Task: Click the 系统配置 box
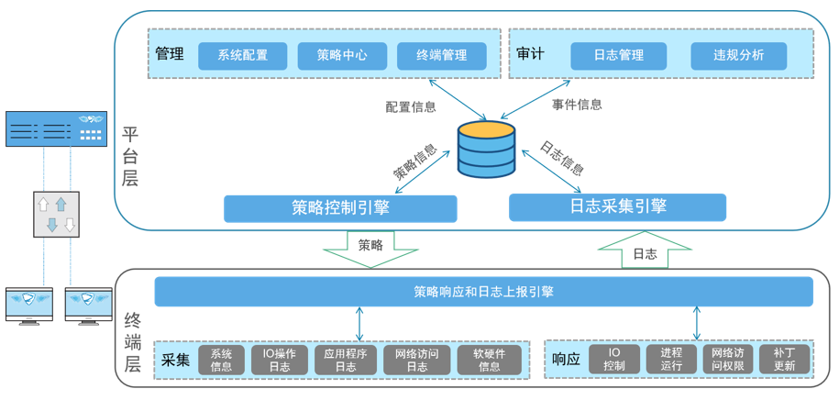point(243,55)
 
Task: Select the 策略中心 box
point(342,55)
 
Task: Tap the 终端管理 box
point(441,55)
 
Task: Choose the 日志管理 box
point(618,55)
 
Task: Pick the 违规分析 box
point(738,55)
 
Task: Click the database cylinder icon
point(486,149)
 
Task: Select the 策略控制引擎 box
point(340,208)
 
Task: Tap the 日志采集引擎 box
point(617,206)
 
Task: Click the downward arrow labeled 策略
point(370,248)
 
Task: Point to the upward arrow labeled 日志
point(645,250)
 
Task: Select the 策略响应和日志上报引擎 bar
point(483,292)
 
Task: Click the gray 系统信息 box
point(221,360)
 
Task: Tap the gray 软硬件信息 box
point(489,360)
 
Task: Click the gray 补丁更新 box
point(784,360)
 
